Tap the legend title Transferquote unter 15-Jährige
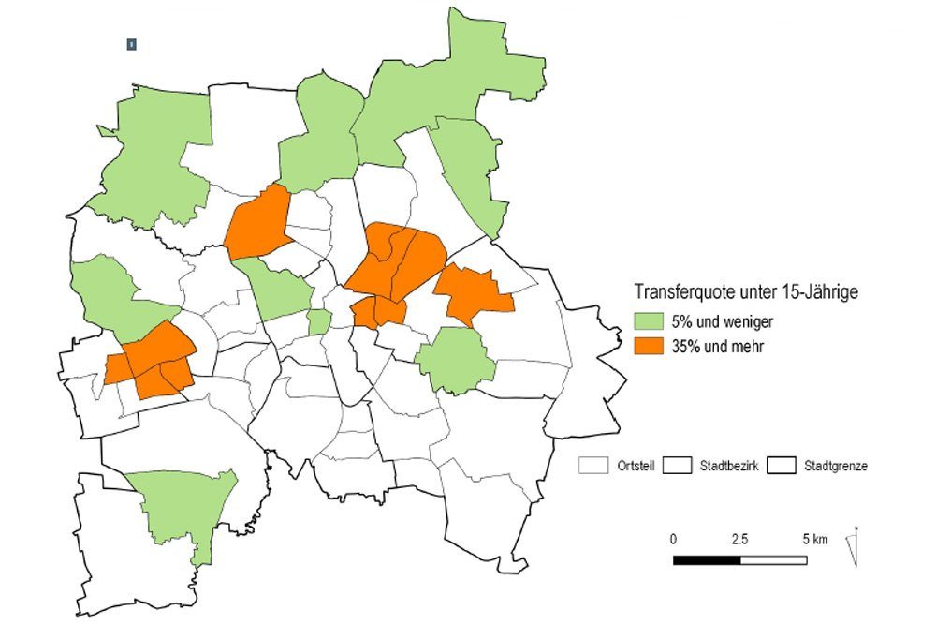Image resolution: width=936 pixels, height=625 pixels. (x=746, y=292)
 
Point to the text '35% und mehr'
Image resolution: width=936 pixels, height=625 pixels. (x=713, y=347)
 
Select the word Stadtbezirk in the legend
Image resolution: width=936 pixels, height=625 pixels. (x=727, y=466)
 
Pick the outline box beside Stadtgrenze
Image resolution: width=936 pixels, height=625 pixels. (x=782, y=466)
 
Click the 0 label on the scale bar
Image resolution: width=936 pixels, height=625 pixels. (x=673, y=540)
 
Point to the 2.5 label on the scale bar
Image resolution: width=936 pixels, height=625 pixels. (x=739, y=540)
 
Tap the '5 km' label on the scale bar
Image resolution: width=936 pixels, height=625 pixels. (x=814, y=540)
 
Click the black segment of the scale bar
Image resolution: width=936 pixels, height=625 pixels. (x=707, y=560)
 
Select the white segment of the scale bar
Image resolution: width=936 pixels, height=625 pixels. (x=773, y=560)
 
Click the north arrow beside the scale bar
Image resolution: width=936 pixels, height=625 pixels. (x=854, y=547)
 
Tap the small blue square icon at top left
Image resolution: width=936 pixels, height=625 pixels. (x=132, y=44)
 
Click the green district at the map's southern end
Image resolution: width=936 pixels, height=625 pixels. (x=183, y=506)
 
